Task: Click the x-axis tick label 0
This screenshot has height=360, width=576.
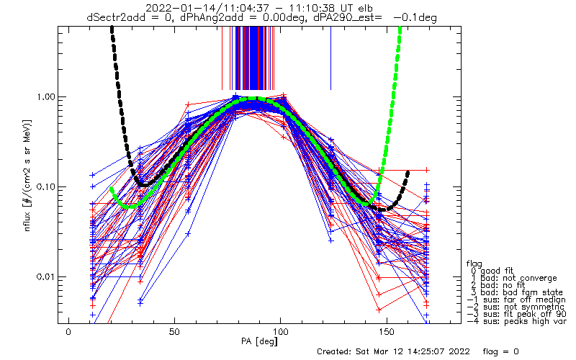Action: pos(68,332)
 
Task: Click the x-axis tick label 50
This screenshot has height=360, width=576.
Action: pos(174,332)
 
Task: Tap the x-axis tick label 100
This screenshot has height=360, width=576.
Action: pos(280,332)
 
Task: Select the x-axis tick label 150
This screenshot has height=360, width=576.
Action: pos(386,332)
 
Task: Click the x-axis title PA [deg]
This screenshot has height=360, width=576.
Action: pos(259,341)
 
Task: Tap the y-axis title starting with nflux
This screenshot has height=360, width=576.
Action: pos(27,176)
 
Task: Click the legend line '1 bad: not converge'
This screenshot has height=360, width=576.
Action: pos(514,278)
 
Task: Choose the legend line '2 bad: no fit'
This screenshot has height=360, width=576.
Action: pos(498,285)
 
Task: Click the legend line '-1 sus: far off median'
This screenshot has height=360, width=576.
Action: pos(516,300)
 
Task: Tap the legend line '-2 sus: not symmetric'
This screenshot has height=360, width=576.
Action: pos(516,307)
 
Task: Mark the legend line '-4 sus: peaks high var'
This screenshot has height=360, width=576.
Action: pos(516,321)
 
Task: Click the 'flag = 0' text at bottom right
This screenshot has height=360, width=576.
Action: pos(500,351)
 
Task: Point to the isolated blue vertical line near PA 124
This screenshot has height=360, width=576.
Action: pos(330,58)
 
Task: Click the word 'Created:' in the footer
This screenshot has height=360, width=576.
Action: pos(335,351)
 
